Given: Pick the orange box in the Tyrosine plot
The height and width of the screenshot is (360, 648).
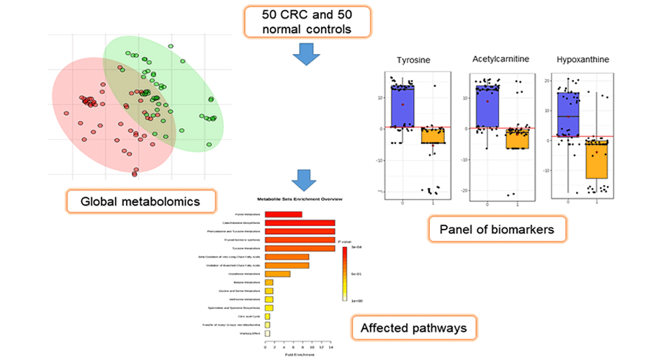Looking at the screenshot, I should point(433,136).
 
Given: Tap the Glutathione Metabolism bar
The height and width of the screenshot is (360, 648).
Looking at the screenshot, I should point(278,274).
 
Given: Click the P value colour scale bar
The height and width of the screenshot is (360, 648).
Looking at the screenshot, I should point(345,274).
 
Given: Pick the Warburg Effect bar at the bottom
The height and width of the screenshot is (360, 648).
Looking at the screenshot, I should point(268,333).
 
